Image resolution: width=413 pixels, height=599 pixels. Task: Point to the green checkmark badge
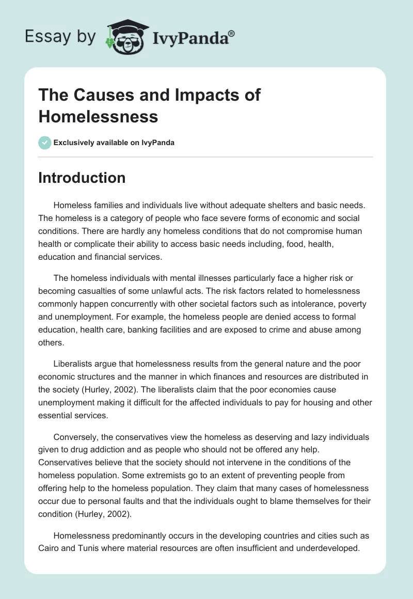point(44,143)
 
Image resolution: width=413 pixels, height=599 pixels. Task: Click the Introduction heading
point(82,178)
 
